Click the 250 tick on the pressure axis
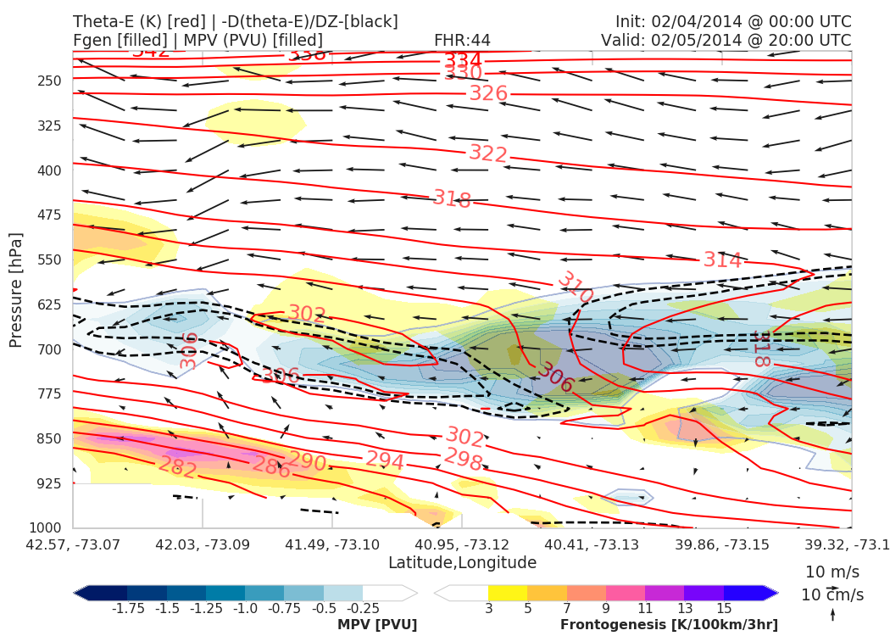50,81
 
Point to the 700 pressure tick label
50,349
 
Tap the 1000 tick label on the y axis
47,527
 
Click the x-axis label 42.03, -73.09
203,544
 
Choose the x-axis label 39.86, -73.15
721,544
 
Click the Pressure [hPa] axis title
15,289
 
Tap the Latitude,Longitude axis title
462,563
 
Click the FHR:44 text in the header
462,40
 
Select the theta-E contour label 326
488,93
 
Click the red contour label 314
722,260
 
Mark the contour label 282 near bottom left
178,467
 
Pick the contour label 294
384,460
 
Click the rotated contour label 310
575,287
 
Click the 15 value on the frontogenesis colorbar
724,608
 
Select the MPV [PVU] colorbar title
377,625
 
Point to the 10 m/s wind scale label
829,572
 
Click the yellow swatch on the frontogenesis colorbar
507,593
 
